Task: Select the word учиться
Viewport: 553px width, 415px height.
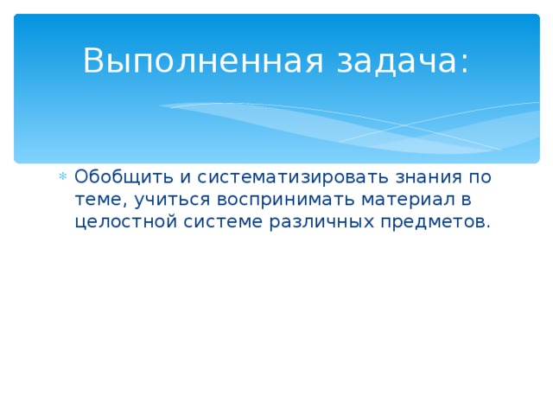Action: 167,201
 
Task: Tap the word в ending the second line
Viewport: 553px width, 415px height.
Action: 464,201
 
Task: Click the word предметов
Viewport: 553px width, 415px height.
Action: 429,222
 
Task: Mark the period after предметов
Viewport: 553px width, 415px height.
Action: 488,227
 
